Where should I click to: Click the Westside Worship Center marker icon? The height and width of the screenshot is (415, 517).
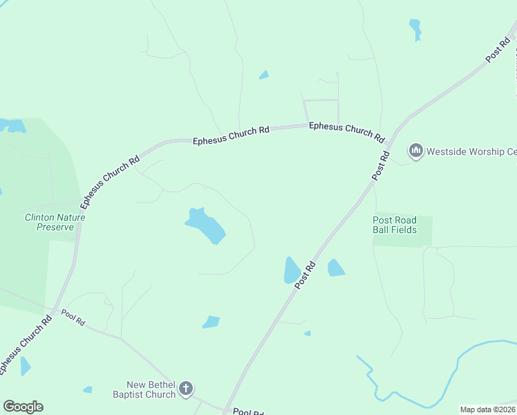click(x=415, y=150)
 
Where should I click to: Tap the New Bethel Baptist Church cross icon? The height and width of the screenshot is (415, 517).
click(x=185, y=389)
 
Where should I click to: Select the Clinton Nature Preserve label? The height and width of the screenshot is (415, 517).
click(x=55, y=222)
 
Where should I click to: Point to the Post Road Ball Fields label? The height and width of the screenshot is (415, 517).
click(x=395, y=225)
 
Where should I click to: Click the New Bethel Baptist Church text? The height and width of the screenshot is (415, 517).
click(x=151, y=390)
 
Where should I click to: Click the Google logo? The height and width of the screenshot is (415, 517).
click(x=23, y=407)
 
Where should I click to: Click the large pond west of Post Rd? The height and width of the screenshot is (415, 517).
click(x=206, y=225)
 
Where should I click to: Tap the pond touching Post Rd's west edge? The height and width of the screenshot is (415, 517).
click(x=292, y=270)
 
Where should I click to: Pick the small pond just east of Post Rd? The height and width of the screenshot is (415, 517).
click(x=335, y=268)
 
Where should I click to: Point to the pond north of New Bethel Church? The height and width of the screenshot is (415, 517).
click(x=211, y=322)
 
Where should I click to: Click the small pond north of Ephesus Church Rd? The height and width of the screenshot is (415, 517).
click(x=263, y=75)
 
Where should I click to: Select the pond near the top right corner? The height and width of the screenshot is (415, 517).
click(x=415, y=28)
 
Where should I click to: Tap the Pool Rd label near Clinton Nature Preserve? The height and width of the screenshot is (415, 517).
click(x=73, y=318)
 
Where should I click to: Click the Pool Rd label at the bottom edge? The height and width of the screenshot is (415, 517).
click(x=248, y=412)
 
